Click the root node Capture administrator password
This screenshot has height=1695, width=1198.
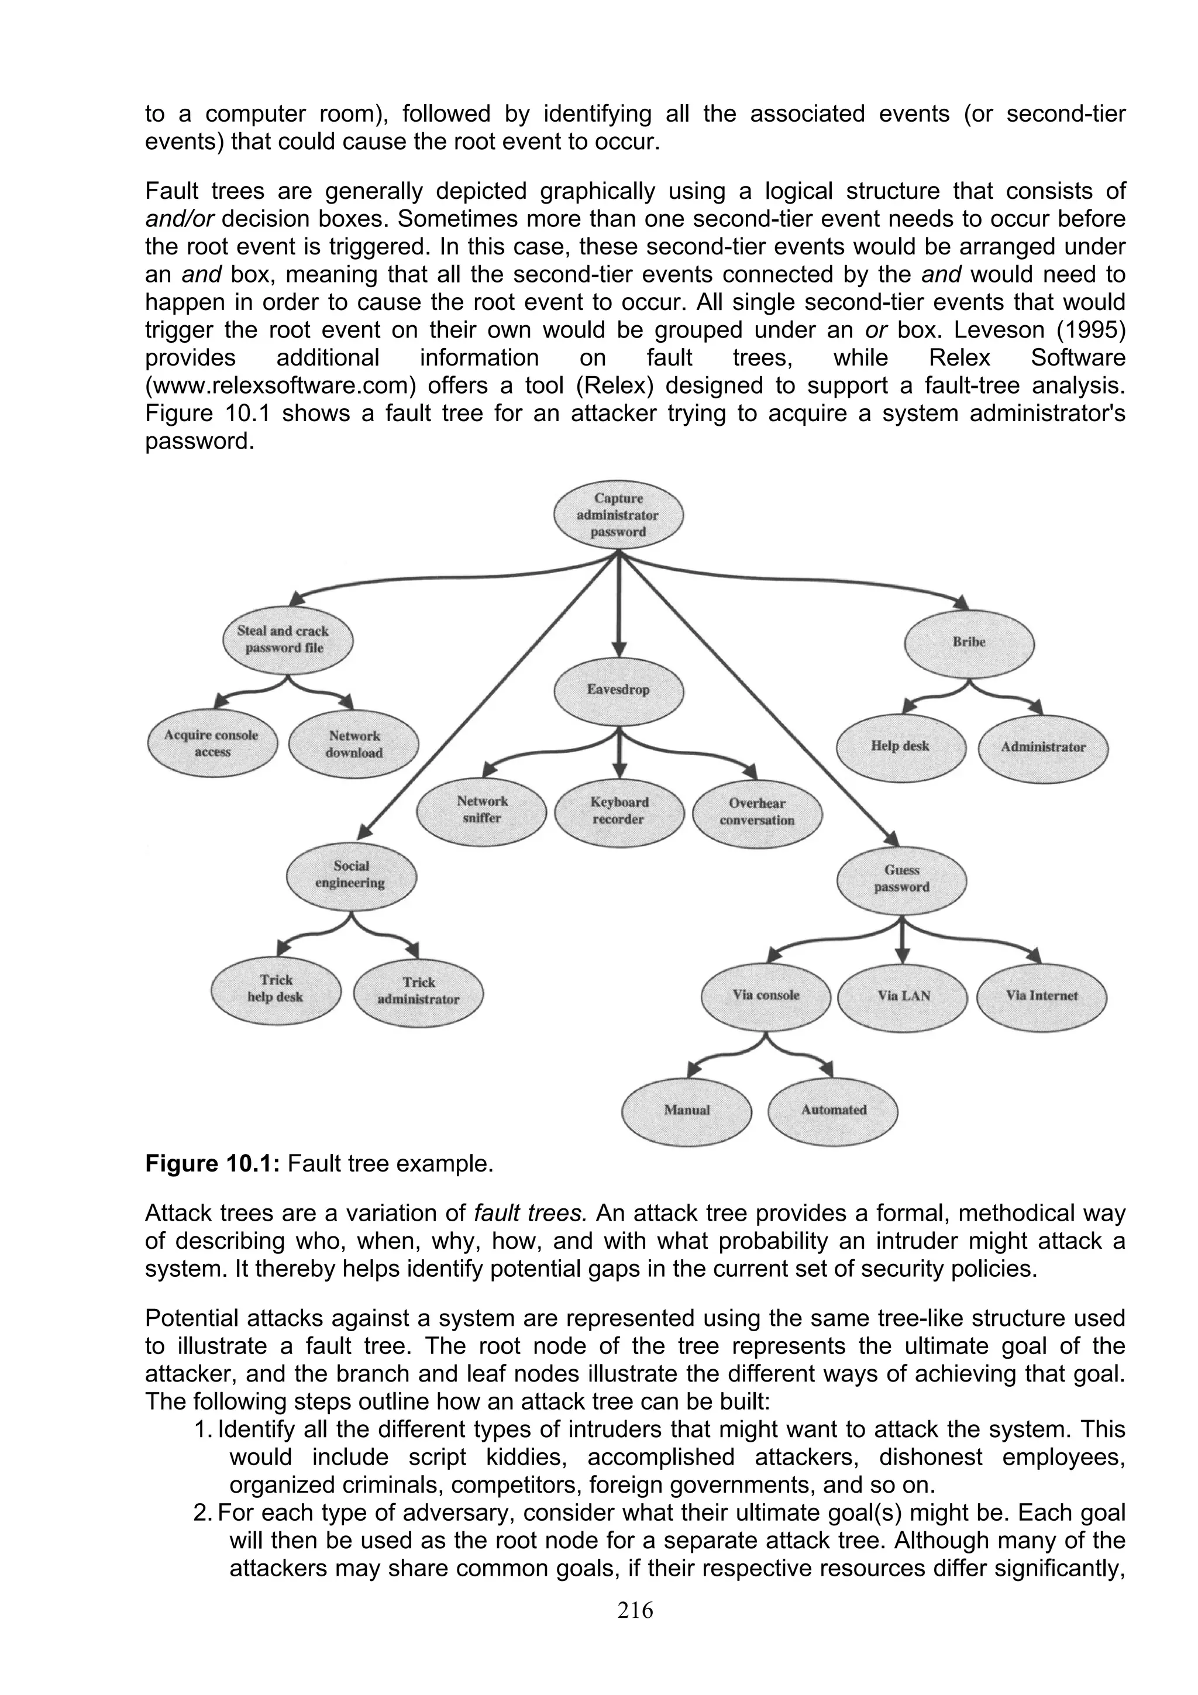(x=618, y=515)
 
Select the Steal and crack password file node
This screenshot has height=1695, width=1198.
(x=287, y=639)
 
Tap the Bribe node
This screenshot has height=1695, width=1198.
(x=969, y=642)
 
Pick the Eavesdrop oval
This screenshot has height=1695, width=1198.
(x=618, y=690)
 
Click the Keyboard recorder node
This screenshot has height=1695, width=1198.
(x=618, y=811)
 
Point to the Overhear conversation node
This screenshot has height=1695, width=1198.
(x=758, y=812)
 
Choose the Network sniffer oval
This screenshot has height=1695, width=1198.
(x=481, y=810)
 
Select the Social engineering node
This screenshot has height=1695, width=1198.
(x=350, y=875)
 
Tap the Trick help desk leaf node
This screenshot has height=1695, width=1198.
(x=276, y=988)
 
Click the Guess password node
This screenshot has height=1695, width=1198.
(x=901, y=878)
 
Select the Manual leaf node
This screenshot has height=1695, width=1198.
(x=687, y=1110)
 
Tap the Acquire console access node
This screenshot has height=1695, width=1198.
(x=212, y=743)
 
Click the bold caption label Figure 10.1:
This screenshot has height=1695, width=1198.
(x=212, y=1163)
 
